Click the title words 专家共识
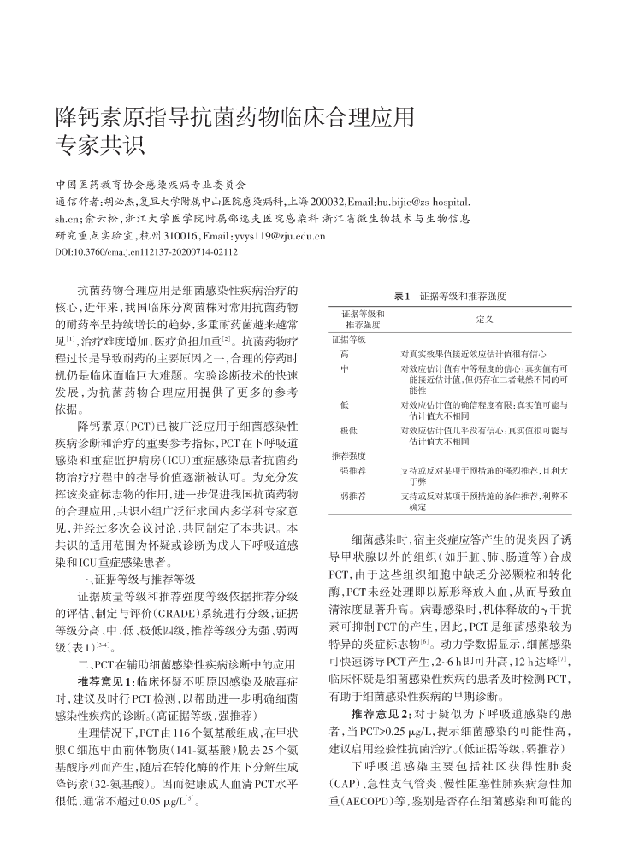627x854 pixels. click(100, 142)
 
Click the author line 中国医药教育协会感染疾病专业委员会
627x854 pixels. click(150, 184)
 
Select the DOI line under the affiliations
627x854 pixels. click(145, 252)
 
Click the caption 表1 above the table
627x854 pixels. click(401, 296)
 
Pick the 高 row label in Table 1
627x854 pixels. click(344, 353)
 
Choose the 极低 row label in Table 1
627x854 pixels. click(347, 431)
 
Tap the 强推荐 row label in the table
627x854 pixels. click(352, 470)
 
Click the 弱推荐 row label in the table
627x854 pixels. click(352, 496)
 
